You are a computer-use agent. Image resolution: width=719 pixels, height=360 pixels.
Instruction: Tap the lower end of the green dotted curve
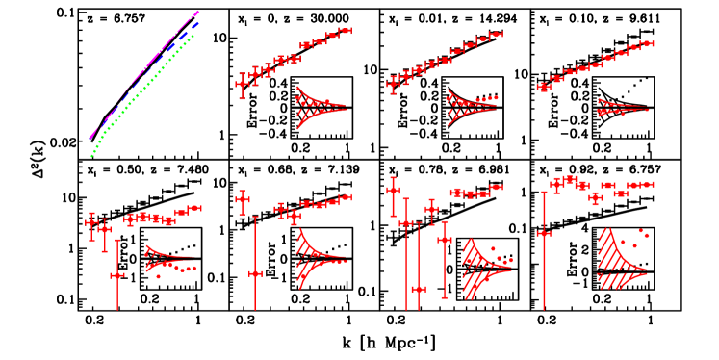[x=91, y=155]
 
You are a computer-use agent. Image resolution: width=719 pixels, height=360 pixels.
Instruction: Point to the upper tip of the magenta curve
[x=197, y=13]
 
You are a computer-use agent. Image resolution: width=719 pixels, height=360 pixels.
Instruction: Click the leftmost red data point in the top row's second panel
[x=242, y=84]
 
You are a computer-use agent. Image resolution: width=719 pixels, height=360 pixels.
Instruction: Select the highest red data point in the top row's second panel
[x=346, y=31]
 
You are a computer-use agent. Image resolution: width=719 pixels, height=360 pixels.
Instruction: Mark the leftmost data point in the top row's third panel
[x=392, y=84]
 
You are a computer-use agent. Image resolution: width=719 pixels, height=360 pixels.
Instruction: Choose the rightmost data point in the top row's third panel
[x=496, y=35]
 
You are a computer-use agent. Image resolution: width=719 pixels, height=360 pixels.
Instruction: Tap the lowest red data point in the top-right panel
[x=544, y=87]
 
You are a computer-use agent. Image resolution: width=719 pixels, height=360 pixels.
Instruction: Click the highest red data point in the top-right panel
[x=647, y=43]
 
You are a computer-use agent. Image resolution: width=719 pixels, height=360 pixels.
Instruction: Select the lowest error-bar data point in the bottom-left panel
[x=117, y=275]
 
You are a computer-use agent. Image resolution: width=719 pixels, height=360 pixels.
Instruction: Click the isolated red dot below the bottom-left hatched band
[x=159, y=276]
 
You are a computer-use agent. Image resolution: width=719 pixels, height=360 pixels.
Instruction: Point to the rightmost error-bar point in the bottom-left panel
[x=195, y=208]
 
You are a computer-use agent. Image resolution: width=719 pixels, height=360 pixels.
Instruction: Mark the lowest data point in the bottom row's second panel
[x=255, y=273]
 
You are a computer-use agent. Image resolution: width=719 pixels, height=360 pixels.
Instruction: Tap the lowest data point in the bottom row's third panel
[x=418, y=289]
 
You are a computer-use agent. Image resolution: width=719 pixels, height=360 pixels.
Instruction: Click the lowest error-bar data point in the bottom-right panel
[x=544, y=233]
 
